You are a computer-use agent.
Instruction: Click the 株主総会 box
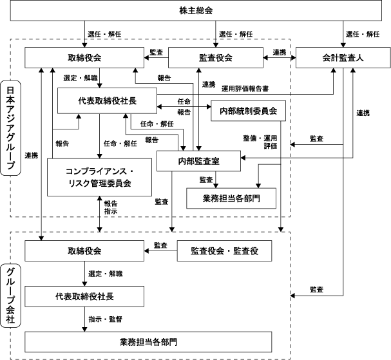point(196,10)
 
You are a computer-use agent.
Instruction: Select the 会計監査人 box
point(343,57)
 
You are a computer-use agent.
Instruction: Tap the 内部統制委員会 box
point(249,111)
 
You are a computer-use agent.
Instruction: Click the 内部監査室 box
point(198,161)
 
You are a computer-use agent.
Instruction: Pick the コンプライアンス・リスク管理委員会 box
point(99,177)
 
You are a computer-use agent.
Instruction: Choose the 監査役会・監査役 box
point(224,251)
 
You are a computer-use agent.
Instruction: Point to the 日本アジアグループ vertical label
point(10,128)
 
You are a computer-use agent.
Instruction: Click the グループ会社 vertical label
point(10,296)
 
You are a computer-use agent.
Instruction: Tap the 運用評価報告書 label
point(245,89)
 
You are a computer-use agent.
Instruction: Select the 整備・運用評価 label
point(260,142)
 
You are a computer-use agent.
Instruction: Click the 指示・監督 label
point(105,319)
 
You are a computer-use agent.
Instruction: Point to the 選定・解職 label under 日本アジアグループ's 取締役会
point(81,78)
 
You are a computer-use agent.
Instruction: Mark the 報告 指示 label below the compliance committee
point(111,207)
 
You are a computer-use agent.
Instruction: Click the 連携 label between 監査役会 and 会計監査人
point(280,52)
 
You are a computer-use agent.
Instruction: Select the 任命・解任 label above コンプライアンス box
point(120,144)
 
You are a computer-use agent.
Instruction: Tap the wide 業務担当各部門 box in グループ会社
point(148,342)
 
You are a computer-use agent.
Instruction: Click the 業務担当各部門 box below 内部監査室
point(231,198)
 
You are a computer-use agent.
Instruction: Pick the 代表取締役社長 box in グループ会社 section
point(84,296)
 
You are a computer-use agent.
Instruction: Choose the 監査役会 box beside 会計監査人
point(216,57)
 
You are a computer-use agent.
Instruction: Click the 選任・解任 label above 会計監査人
point(363,34)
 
